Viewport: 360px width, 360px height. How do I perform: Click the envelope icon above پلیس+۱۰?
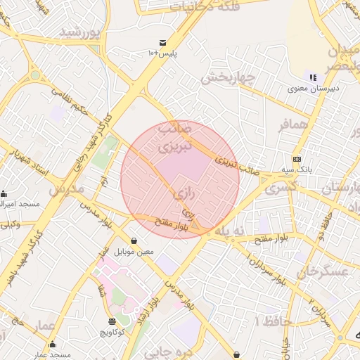click(163, 43)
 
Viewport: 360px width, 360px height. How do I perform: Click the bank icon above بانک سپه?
click(297, 159)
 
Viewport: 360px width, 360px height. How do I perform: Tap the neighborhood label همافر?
click(293, 125)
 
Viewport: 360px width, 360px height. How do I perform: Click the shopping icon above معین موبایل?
click(134, 240)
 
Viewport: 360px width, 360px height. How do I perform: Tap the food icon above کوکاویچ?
click(112, 321)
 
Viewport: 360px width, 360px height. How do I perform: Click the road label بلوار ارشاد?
click(155, 307)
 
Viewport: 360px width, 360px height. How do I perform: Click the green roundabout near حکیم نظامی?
click(35, 75)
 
